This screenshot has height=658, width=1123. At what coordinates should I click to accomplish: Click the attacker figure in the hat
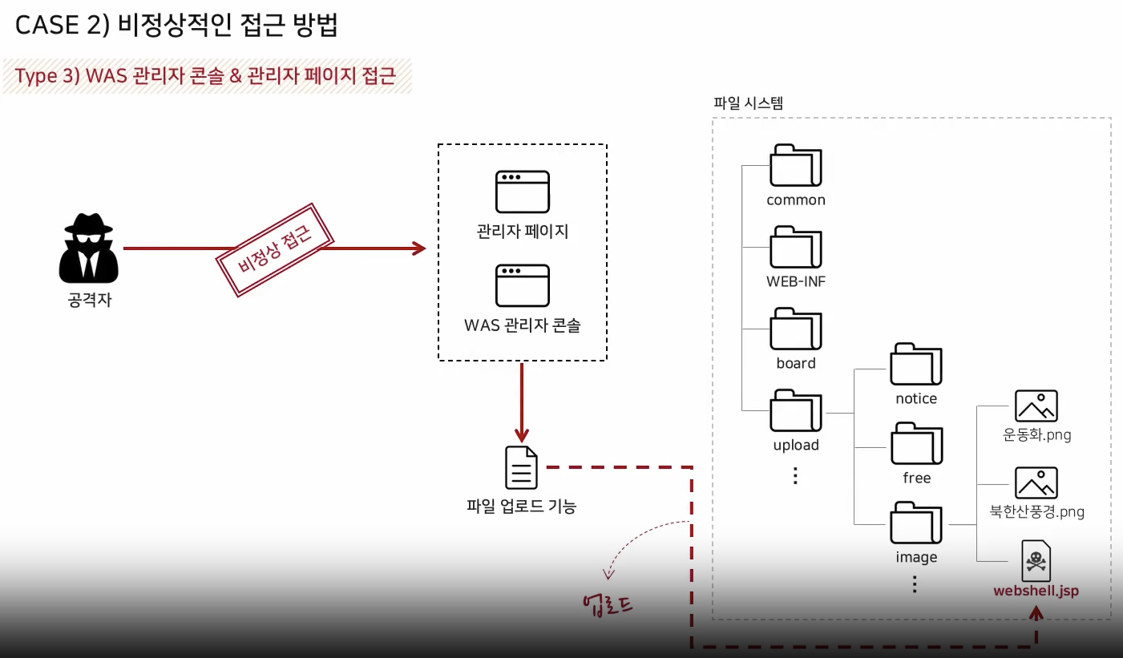point(89,248)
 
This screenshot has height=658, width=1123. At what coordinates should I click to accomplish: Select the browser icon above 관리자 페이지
point(522,191)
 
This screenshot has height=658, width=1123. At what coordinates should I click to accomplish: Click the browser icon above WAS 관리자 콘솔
point(522,285)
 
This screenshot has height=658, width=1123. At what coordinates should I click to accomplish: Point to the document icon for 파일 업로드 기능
point(521,467)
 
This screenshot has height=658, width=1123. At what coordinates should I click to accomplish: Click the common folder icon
point(795,166)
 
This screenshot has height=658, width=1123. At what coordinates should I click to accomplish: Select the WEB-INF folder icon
point(795,248)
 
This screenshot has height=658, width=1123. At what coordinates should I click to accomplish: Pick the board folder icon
point(795,329)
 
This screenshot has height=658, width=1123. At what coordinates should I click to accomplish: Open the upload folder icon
point(795,410)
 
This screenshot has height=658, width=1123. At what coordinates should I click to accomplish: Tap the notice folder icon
point(916,365)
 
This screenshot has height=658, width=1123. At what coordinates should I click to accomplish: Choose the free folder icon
point(916,444)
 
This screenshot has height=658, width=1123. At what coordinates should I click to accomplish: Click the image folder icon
point(916,523)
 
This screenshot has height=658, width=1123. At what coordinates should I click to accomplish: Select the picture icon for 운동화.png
point(1036,406)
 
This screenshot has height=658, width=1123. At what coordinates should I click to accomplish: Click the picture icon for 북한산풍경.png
point(1036,483)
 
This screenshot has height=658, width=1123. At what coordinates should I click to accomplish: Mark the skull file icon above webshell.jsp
point(1036,561)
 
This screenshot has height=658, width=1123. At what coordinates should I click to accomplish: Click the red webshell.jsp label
point(1036,591)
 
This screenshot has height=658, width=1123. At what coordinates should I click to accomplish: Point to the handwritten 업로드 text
point(608,604)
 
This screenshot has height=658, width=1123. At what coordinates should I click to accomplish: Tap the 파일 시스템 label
point(748,103)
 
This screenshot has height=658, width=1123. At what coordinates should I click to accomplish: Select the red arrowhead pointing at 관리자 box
point(418,248)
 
